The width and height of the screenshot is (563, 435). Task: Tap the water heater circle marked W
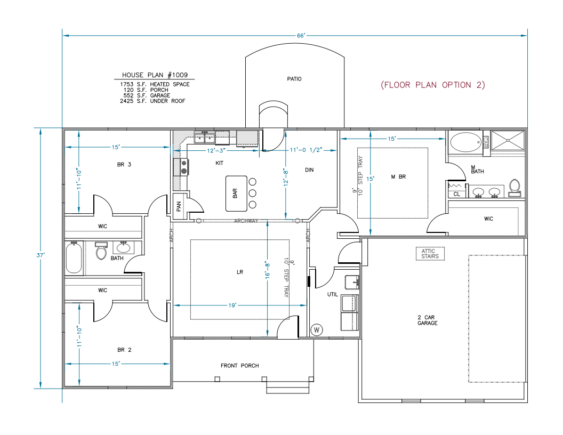[x=316, y=330]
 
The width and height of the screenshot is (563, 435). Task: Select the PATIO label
[x=294, y=79]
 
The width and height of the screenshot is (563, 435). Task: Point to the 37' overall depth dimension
[x=41, y=255]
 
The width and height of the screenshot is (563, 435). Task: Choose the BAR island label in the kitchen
[x=235, y=193]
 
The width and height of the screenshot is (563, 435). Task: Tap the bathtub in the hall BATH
[x=74, y=258]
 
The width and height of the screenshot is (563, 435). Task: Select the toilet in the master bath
[x=514, y=186]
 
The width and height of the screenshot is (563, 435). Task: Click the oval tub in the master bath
[x=465, y=142]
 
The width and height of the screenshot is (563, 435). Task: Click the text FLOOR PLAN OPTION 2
[x=432, y=85]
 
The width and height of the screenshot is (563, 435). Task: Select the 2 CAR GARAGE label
[x=428, y=320]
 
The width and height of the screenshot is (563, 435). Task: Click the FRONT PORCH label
[x=240, y=366]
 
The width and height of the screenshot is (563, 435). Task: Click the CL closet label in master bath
[x=456, y=195]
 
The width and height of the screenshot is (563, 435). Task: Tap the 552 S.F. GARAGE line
[x=145, y=95]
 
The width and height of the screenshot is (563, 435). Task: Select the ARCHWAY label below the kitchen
[x=246, y=221]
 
